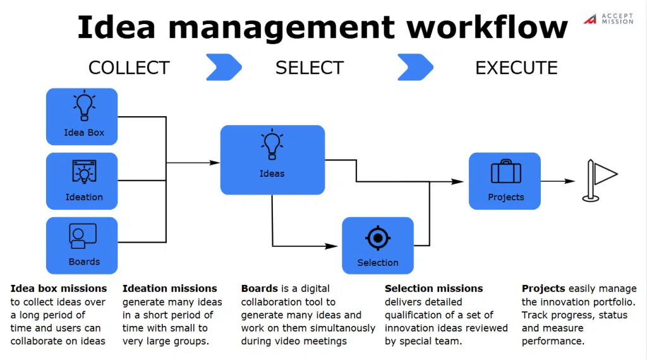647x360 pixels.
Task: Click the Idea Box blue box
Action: click(x=82, y=117)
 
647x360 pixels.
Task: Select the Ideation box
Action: click(x=82, y=181)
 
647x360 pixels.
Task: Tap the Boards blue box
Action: click(x=82, y=246)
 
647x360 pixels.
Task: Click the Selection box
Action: click(x=378, y=246)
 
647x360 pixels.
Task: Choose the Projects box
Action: click(x=505, y=181)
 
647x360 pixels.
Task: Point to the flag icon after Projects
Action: click(x=599, y=181)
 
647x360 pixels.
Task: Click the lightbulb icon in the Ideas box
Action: click(x=272, y=145)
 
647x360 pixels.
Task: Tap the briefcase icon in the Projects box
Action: click(x=506, y=171)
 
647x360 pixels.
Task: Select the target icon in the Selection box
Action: click(x=378, y=238)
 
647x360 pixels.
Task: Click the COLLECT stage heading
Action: click(x=129, y=68)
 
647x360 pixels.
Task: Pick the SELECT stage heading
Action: click(x=310, y=68)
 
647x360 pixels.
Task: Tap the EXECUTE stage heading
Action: click(x=516, y=68)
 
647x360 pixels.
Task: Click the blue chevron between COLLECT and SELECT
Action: click(x=224, y=67)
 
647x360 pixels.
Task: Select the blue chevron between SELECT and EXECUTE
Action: click(x=416, y=67)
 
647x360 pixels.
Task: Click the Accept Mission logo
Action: click(x=608, y=18)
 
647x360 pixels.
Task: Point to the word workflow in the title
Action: click(x=487, y=27)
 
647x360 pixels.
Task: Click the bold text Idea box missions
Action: click(x=59, y=288)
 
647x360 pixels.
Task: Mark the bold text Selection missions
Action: click(x=433, y=288)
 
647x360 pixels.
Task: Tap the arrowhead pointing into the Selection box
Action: click(x=331, y=246)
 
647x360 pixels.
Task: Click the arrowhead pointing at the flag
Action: click(x=570, y=181)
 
